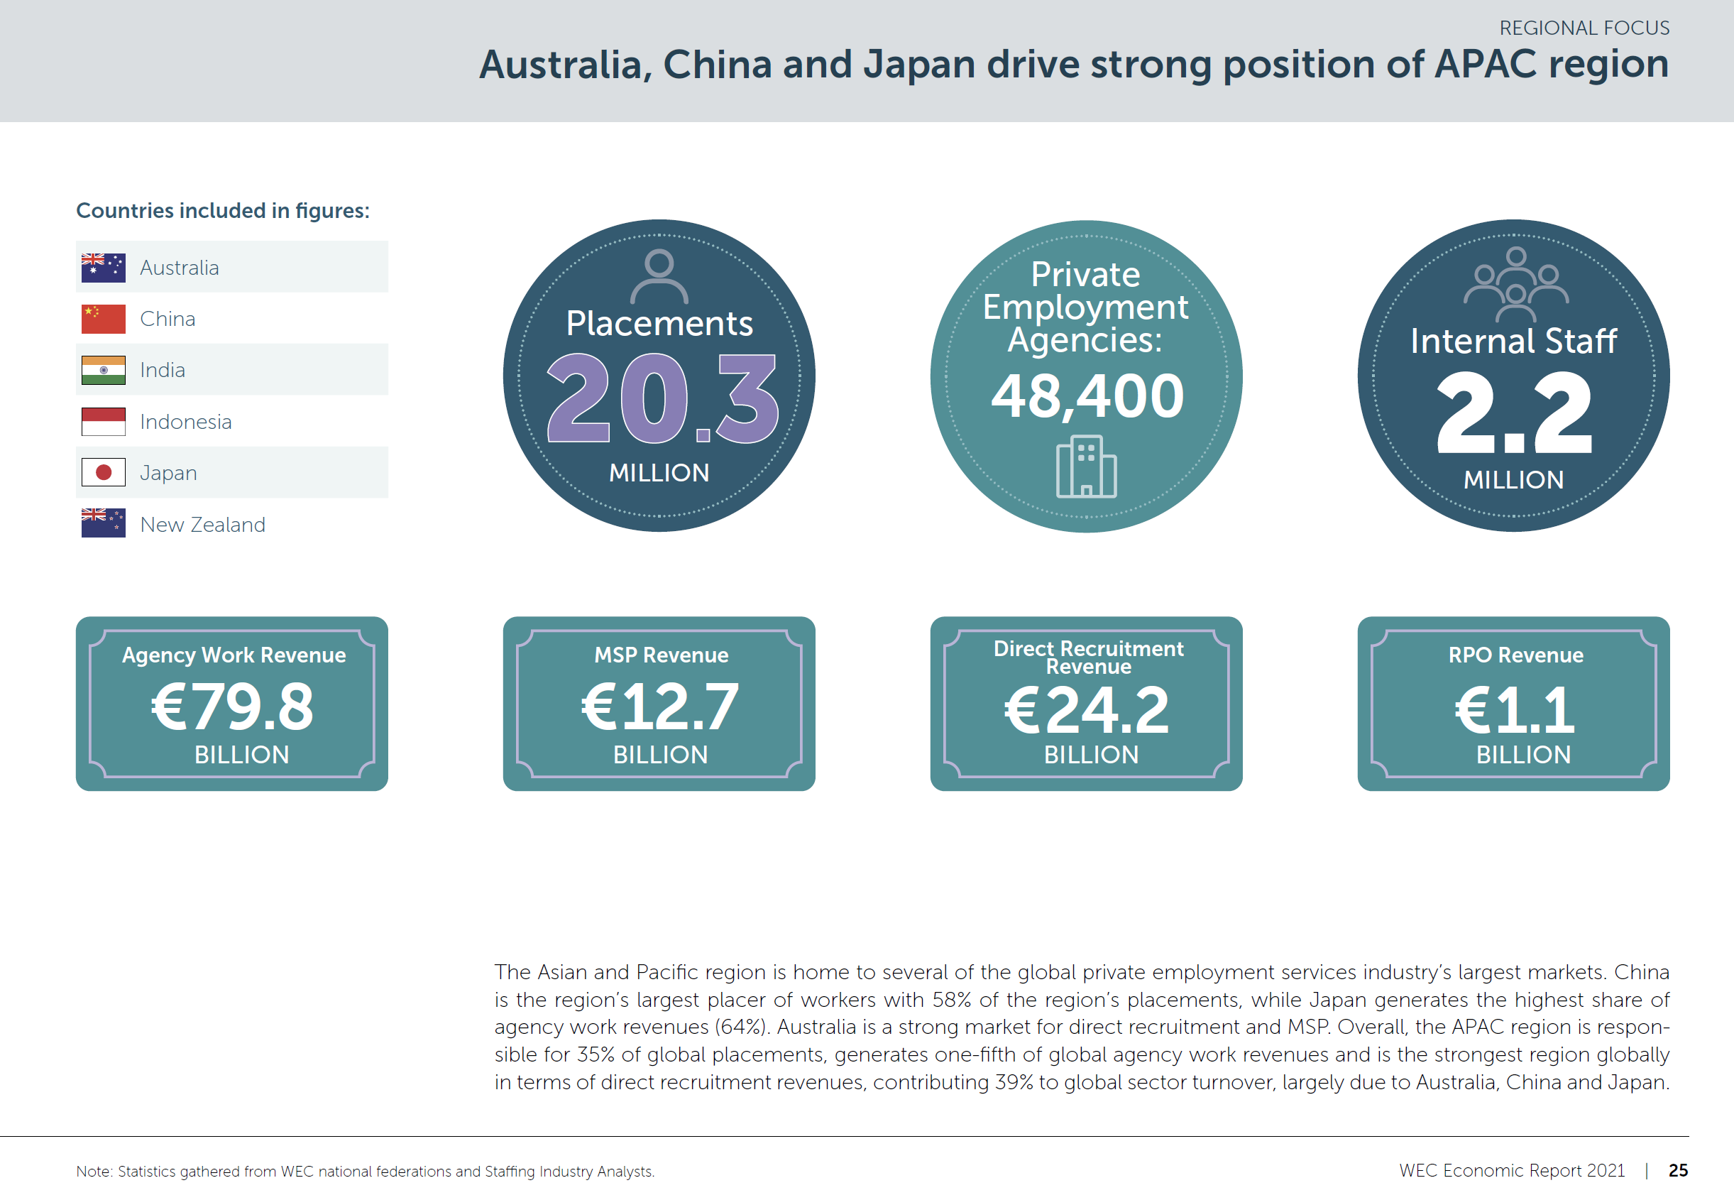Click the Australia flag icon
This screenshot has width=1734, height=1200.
[103, 268]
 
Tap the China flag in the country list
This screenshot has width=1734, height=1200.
[103, 319]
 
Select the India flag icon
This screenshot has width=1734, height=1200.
[103, 370]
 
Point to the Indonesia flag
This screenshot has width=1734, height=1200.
[103, 422]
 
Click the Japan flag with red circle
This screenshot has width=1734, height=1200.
[103, 473]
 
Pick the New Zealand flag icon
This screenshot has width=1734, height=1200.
[103, 523]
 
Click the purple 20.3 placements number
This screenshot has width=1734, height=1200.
[662, 398]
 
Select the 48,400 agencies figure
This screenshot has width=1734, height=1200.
[1087, 396]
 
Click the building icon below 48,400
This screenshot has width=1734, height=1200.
[1086, 467]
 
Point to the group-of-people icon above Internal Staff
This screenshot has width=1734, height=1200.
[1515, 284]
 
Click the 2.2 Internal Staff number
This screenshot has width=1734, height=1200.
[1514, 413]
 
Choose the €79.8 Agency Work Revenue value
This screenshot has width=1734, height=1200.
[232, 707]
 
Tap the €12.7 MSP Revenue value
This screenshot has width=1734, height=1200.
[660, 707]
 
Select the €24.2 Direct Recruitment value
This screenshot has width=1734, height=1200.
[1087, 711]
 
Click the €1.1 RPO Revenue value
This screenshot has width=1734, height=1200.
[1514, 711]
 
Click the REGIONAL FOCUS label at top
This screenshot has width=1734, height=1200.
[1584, 28]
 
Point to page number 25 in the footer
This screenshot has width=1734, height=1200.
[1678, 1170]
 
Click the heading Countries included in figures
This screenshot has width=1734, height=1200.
[222, 210]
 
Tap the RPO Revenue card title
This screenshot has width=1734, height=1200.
[1515, 655]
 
